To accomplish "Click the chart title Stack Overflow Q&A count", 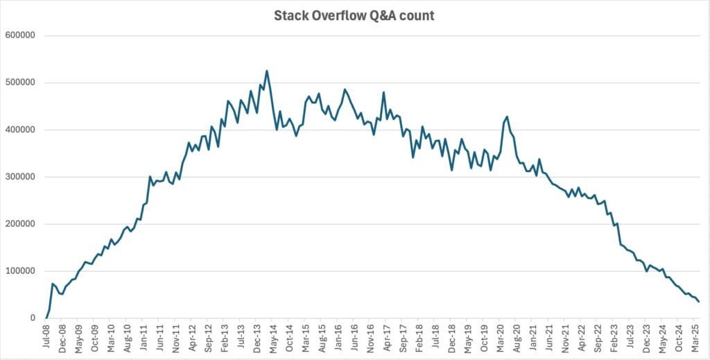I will [x=354, y=15].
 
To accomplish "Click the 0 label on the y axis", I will [x=33, y=318].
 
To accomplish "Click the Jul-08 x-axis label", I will [x=46, y=338].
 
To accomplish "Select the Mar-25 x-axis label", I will [x=695, y=338].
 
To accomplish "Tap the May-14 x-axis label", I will [x=273, y=338].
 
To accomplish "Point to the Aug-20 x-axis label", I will [x=517, y=338].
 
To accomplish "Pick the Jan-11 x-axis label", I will [x=144, y=338].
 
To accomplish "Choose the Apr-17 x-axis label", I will [x=387, y=338].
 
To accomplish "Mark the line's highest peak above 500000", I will [x=267, y=71].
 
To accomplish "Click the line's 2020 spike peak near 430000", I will [x=507, y=117].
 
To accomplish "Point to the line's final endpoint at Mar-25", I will [x=698, y=301].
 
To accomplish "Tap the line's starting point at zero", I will [x=46, y=318].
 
